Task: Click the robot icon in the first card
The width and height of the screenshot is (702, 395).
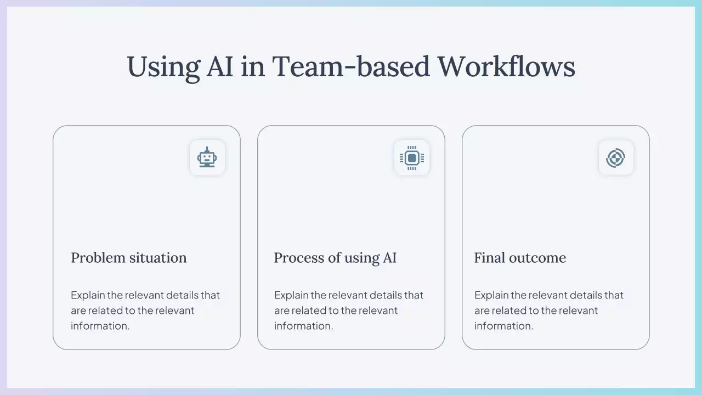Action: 207,157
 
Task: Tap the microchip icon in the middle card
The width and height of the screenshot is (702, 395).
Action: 412,157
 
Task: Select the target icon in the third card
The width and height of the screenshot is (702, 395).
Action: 615,158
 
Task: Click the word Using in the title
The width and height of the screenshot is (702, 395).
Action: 163,67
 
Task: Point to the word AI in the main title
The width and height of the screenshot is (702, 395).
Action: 220,66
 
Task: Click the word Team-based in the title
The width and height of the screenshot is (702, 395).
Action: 350,66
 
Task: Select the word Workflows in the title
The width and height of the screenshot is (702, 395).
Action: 506,66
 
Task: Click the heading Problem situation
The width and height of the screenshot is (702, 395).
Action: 129,258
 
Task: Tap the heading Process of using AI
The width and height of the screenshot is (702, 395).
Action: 335,258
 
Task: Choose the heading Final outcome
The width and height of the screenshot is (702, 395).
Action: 520,258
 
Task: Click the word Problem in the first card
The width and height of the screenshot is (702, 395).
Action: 98,258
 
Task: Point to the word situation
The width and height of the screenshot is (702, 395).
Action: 158,258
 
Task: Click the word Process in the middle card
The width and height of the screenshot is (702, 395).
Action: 299,258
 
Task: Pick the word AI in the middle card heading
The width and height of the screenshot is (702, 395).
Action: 389,258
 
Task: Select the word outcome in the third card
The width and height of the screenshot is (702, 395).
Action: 537,258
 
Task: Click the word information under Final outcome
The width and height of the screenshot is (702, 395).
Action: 503,326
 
